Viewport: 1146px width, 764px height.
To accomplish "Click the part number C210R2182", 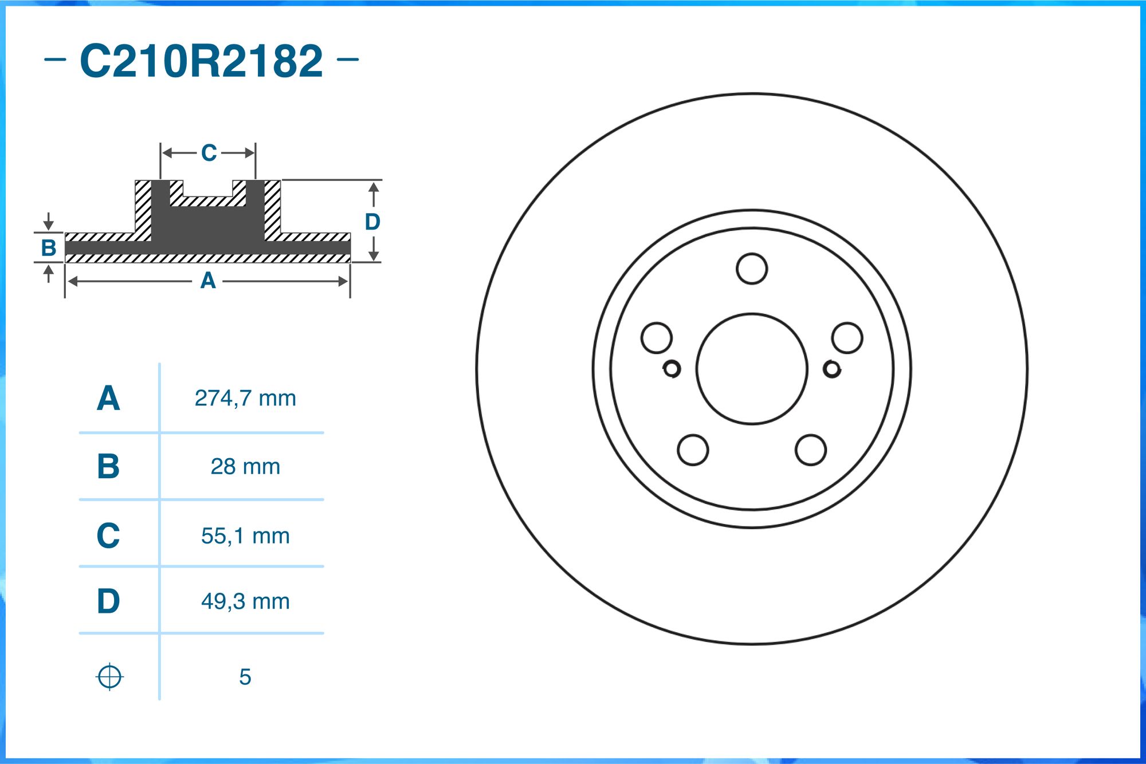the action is coord(201,61).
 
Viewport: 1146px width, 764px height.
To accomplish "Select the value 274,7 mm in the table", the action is coord(245,398).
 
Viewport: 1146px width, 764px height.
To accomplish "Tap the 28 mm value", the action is coord(245,466).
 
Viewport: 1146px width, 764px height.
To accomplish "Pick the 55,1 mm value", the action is coord(245,535).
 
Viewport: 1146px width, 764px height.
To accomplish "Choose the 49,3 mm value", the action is coord(245,601).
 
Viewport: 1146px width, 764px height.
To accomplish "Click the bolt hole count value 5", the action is coord(245,677).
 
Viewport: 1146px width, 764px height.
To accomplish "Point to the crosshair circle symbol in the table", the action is coord(109,677).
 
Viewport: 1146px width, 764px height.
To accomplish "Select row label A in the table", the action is coord(108,398).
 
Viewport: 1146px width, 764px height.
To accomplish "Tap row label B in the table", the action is coord(108,466).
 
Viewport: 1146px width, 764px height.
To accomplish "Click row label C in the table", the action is coord(108,535).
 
